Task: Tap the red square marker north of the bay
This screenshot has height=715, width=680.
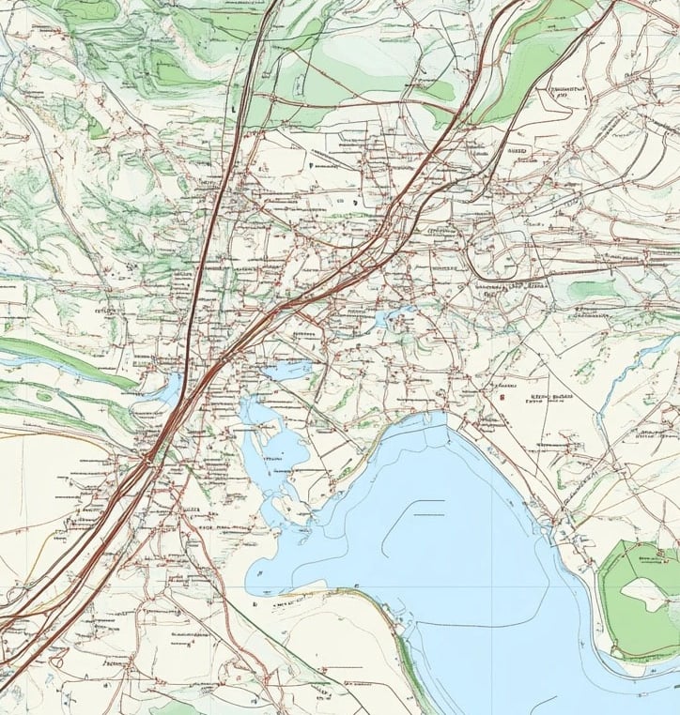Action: click(504, 397)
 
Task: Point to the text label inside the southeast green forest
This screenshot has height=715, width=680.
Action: click(648, 561)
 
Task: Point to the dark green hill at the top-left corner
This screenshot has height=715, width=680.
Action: click(94, 14)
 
